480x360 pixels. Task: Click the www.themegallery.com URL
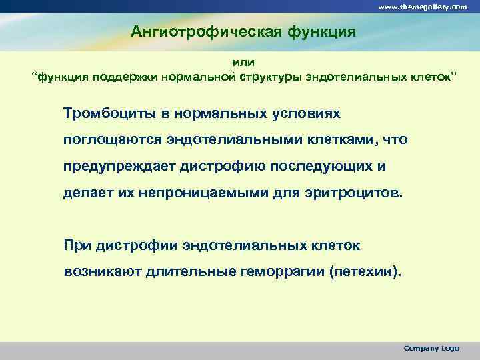tap(422, 6)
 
